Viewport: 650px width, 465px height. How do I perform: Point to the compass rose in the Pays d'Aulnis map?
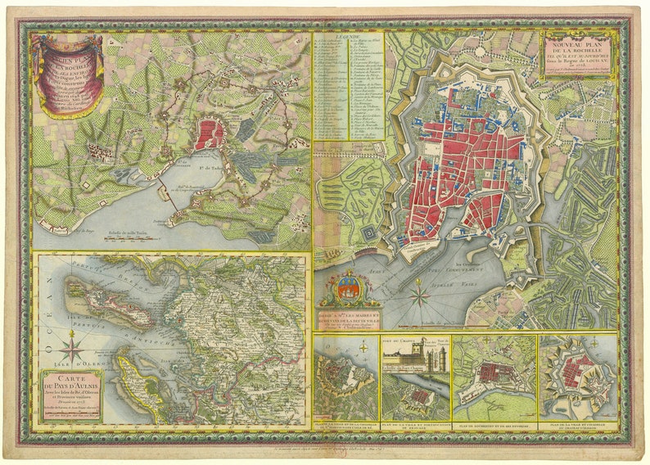(72, 350)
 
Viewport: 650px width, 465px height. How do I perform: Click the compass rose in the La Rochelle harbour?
(420, 292)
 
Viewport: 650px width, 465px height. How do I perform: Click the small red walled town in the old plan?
(210, 133)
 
